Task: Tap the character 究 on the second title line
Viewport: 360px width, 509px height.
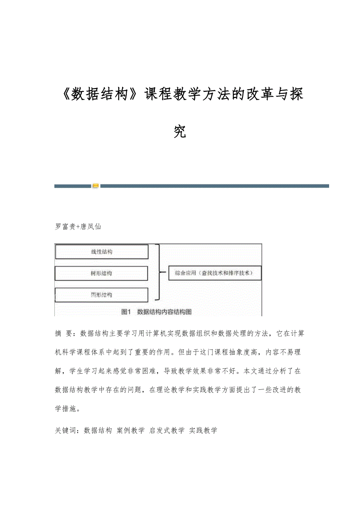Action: point(180,132)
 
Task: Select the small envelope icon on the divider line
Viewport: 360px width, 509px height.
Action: point(95,186)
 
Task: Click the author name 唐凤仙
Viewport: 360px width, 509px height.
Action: point(90,227)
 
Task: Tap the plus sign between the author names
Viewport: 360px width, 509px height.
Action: point(77,227)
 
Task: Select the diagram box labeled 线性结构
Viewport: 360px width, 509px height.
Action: point(102,252)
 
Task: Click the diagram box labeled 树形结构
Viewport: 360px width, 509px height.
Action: point(101,273)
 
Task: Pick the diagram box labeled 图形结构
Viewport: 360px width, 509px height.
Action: point(101,295)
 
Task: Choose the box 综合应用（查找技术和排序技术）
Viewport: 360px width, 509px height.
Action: point(215,273)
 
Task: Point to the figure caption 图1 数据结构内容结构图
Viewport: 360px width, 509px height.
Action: point(157,312)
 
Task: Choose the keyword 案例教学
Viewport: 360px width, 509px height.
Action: point(131,430)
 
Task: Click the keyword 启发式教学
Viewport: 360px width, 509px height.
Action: point(167,430)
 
